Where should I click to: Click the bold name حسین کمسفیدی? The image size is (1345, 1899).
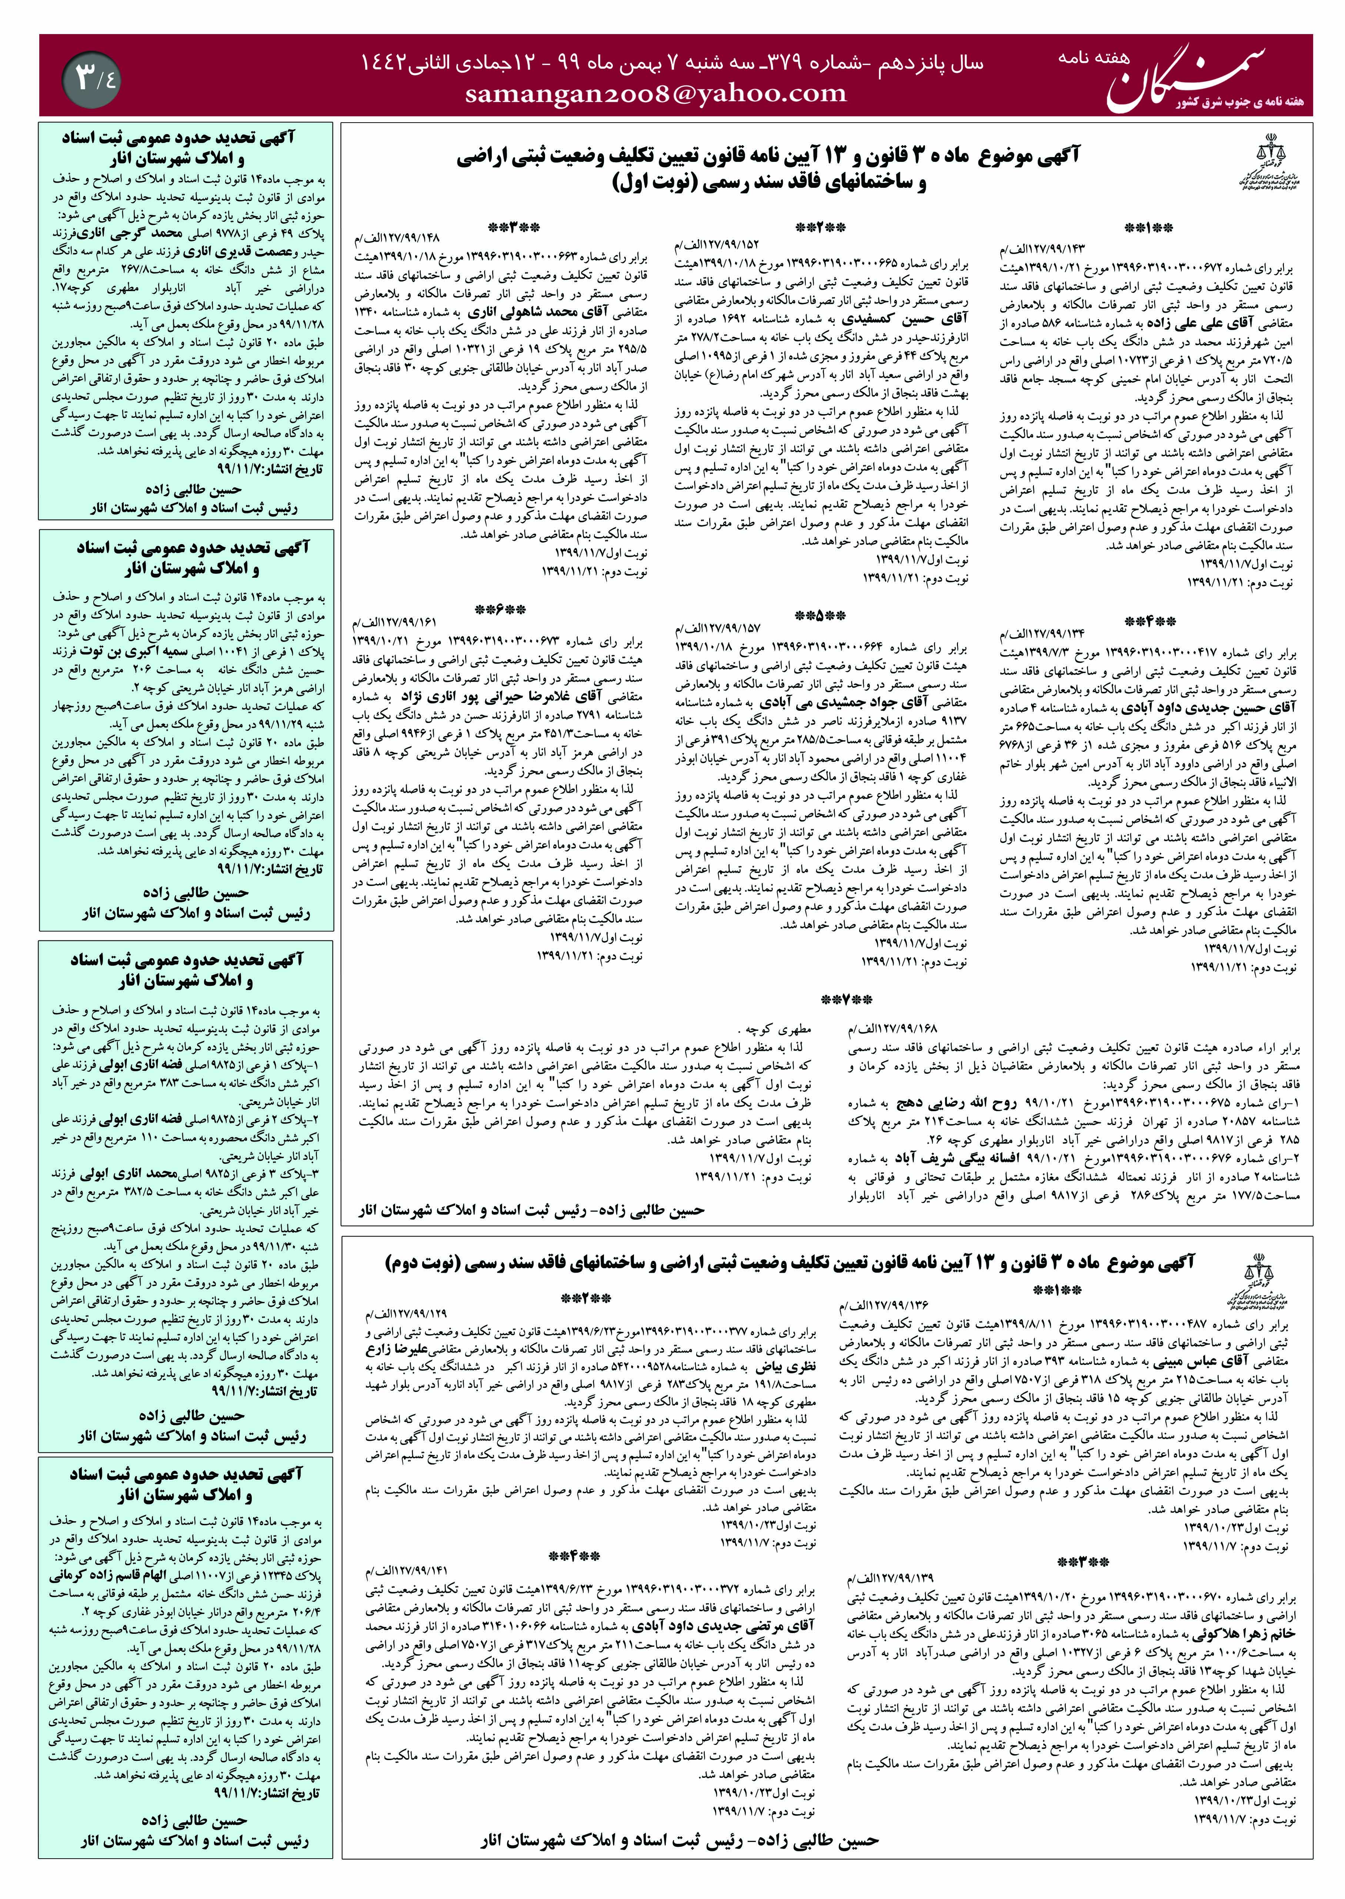click(903, 319)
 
